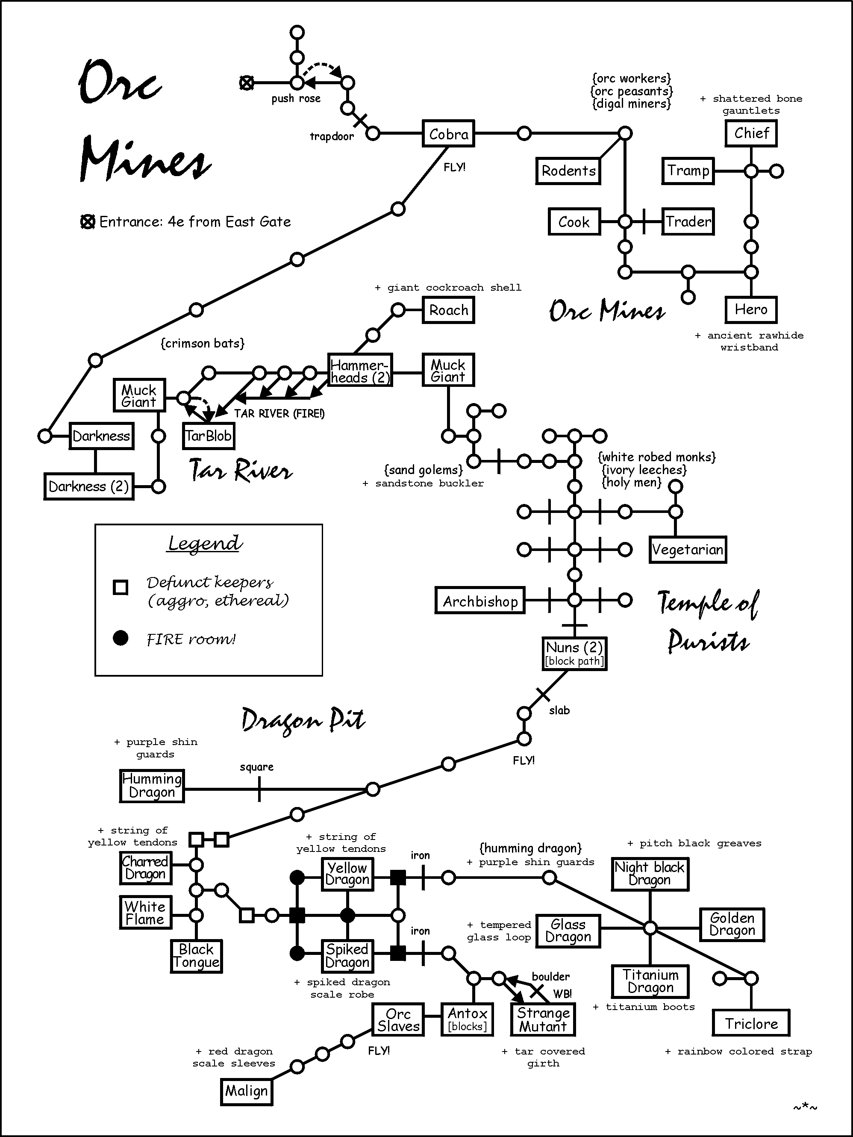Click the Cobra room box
point(448,134)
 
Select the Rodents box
point(568,171)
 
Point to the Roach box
point(448,310)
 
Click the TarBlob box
point(209,436)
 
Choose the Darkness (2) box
point(89,486)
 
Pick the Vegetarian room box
point(688,550)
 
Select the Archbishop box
point(480,601)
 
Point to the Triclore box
point(751,1023)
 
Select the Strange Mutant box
point(543,1020)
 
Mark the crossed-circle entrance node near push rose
point(247,83)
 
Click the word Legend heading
point(205,543)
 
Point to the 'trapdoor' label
point(332,136)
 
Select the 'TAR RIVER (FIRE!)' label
point(279,414)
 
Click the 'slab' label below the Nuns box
point(559,710)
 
